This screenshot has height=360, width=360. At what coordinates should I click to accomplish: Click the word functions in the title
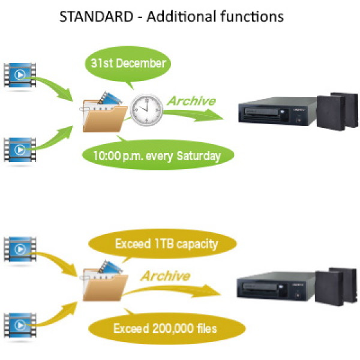coord(252,17)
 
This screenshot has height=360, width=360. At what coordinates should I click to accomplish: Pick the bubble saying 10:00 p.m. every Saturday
coord(157,156)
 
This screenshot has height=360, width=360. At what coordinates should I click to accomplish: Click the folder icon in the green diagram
coord(103,113)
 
